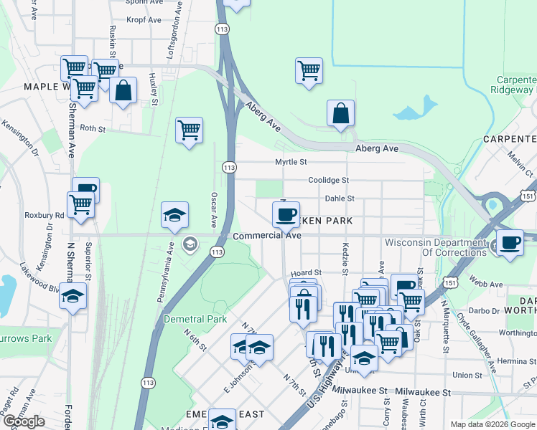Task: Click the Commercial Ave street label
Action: (x=266, y=235)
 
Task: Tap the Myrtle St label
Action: (x=291, y=162)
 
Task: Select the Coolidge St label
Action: (x=328, y=180)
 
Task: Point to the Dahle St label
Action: (x=340, y=199)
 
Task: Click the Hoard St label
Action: (x=305, y=273)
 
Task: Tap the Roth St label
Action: (x=93, y=129)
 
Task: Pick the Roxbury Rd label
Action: (x=45, y=214)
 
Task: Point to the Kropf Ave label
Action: (x=144, y=20)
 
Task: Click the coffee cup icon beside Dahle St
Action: (x=286, y=213)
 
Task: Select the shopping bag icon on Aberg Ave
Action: (x=340, y=113)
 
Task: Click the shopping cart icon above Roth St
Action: (x=189, y=130)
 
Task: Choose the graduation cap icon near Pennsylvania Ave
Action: (x=174, y=215)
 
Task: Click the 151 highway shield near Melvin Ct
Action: (x=528, y=195)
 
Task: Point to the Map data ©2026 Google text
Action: (x=492, y=424)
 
